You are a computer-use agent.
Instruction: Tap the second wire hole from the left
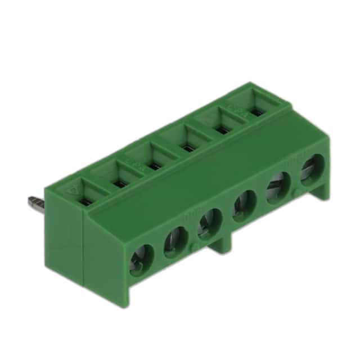tap(175, 242)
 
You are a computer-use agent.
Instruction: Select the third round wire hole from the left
tap(209, 223)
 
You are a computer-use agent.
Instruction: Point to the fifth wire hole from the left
tap(277, 185)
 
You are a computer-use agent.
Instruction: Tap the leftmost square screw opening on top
tap(85, 198)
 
